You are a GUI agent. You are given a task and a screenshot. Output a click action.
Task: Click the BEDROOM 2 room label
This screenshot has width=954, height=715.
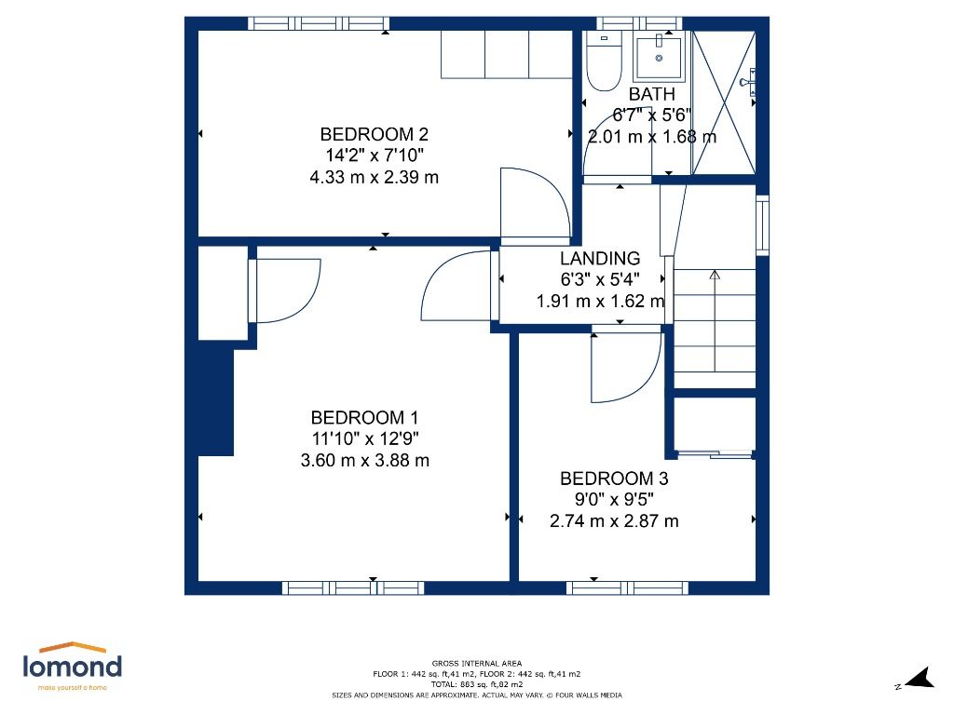[x=374, y=133]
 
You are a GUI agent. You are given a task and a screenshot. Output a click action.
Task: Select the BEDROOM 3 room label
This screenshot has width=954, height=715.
[x=614, y=479]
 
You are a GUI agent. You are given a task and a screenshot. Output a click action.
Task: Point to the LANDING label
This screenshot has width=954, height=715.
[x=600, y=259]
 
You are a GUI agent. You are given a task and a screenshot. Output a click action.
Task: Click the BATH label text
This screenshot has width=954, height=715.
[x=652, y=94]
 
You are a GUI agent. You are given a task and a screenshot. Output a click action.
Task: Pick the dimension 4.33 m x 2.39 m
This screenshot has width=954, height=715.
[x=374, y=177]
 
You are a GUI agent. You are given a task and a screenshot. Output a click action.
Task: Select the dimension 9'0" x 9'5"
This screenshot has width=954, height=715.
[x=614, y=500]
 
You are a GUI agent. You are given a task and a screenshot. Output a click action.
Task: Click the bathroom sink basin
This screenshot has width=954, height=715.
[x=661, y=56]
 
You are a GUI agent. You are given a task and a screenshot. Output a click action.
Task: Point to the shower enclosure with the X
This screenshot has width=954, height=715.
[x=724, y=102]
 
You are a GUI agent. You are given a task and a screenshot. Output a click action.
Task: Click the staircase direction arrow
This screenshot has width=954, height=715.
[x=715, y=276]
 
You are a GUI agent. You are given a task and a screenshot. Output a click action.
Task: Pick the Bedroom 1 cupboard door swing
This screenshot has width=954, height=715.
[x=285, y=290]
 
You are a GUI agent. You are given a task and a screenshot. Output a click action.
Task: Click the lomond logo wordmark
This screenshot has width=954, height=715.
[x=72, y=666]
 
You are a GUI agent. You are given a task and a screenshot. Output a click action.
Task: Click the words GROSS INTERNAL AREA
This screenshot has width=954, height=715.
[x=476, y=663]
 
